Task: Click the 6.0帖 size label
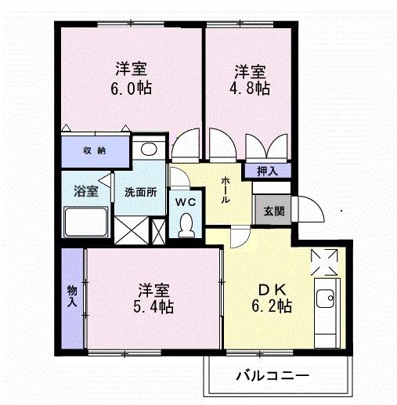click(131, 87)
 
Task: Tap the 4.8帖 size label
click(251, 88)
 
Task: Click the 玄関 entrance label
click(273, 211)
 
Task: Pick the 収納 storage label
click(95, 149)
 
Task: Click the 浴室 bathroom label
click(85, 191)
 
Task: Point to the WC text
click(185, 201)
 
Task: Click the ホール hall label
click(226, 190)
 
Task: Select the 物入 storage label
click(72, 295)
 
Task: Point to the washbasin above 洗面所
click(147, 150)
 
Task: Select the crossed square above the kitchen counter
click(323, 261)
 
